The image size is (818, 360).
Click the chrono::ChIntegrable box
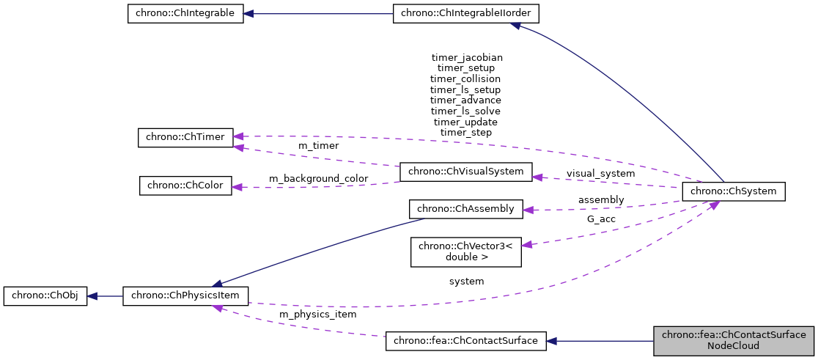coord(185,14)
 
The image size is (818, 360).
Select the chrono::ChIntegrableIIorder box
coord(456,14)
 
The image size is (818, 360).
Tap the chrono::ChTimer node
coord(185,137)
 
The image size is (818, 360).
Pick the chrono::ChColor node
coord(185,185)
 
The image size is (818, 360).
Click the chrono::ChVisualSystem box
coord(465,172)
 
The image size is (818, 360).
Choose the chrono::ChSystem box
coord(733,192)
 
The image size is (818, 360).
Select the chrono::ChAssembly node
coord(465,209)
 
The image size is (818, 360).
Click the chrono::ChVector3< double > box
coord(465,251)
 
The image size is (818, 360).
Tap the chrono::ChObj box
coord(45,297)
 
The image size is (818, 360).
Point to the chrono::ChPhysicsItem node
coord(185,297)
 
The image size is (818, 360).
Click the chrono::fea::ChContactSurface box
coord(465,341)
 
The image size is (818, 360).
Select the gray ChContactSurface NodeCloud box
coord(734,341)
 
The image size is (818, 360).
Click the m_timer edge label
coord(318,147)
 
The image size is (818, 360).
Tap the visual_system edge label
coord(600,174)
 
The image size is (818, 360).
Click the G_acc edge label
coord(601,218)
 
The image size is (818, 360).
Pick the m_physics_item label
coord(318,315)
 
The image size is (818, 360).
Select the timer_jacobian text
coord(467,56)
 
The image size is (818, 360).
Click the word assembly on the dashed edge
coord(601,199)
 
